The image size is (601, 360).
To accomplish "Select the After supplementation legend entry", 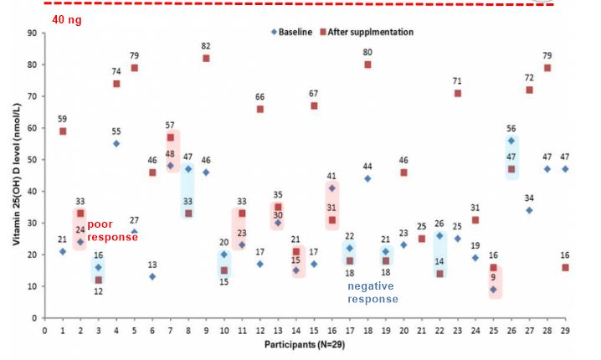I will [368, 32].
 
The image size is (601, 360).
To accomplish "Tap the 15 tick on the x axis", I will [314, 331].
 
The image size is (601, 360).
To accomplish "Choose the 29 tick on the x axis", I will [565, 331].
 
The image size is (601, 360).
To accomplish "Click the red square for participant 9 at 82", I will [206, 59].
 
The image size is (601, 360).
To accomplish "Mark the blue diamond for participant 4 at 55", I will [116, 143].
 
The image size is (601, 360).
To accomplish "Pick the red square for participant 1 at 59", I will [63, 131].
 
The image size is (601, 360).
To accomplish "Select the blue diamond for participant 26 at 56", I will [511, 141].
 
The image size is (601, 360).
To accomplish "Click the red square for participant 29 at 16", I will [565, 267].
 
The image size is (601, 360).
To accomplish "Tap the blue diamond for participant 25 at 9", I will [493, 290].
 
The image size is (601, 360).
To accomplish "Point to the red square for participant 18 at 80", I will [367, 64].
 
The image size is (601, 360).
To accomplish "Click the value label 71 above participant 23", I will [458, 81].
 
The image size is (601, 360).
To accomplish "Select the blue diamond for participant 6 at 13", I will [152, 276].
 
